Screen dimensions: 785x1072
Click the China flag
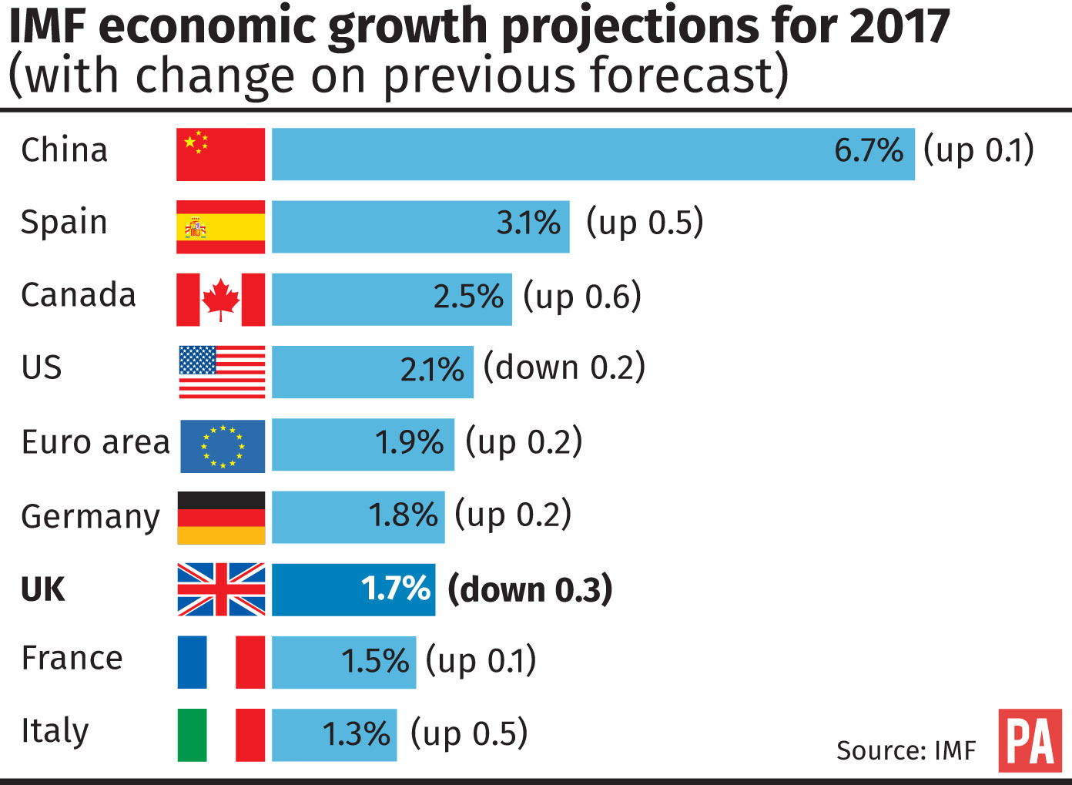pyautogui.click(x=220, y=154)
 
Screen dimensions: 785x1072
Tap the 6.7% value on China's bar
pyautogui.click(x=868, y=150)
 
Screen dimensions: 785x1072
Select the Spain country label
pyautogui.click(x=64, y=222)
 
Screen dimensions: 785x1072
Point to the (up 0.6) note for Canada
pyautogui.click(x=581, y=297)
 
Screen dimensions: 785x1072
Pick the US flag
pyautogui.click(x=222, y=371)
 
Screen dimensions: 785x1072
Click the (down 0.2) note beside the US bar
pyautogui.click(x=564, y=367)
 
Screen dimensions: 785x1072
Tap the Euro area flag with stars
pyautogui.click(x=223, y=446)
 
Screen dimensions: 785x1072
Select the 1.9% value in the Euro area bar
pyautogui.click(x=409, y=443)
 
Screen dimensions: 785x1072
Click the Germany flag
pyautogui.click(x=221, y=518)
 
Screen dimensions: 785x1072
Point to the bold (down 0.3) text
pyautogui.click(x=530, y=589)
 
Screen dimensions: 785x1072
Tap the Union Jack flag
pyautogui.click(x=221, y=590)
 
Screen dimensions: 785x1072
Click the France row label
pyautogui.click(x=72, y=659)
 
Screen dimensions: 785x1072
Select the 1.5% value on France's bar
pyautogui.click(x=375, y=662)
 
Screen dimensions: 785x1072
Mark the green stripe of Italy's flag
pyautogui.click(x=192, y=735)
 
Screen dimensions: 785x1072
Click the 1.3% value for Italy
pyautogui.click(x=356, y=734)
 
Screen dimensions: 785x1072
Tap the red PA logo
pyautogui.click(x=1030, y=740)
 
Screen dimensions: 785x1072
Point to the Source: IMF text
pyautogui.click(x=906, y=750)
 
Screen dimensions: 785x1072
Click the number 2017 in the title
pyautogui.click(x=899, y=26)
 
